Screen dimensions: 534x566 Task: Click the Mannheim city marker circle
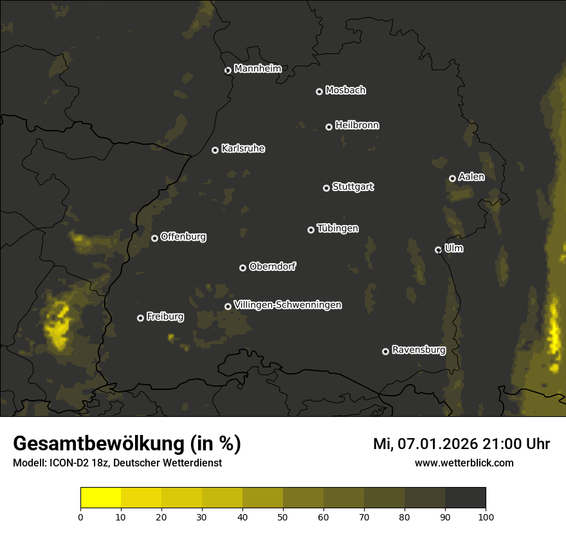[228, 71]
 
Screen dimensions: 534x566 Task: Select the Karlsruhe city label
[243, 149]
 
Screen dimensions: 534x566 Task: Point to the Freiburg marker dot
[141, 318]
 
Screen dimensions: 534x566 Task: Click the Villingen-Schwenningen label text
[288, 305]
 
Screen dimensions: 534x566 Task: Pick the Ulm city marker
[439, 250]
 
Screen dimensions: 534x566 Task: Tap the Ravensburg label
[419, 351]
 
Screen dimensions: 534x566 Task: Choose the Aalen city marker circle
[453, 179]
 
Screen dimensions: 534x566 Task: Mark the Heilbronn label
[357, 125]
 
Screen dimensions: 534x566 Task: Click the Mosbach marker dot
[319, 92]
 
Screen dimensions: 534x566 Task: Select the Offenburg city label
[183, 237]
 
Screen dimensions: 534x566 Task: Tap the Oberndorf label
[273, 267]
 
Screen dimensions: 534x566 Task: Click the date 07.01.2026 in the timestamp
[434, 444]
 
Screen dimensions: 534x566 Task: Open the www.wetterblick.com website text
[464, 463]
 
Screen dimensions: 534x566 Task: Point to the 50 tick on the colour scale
[283, 516]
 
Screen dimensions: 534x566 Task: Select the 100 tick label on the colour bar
[486, 516]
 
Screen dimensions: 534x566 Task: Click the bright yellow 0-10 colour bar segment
[101, 498]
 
